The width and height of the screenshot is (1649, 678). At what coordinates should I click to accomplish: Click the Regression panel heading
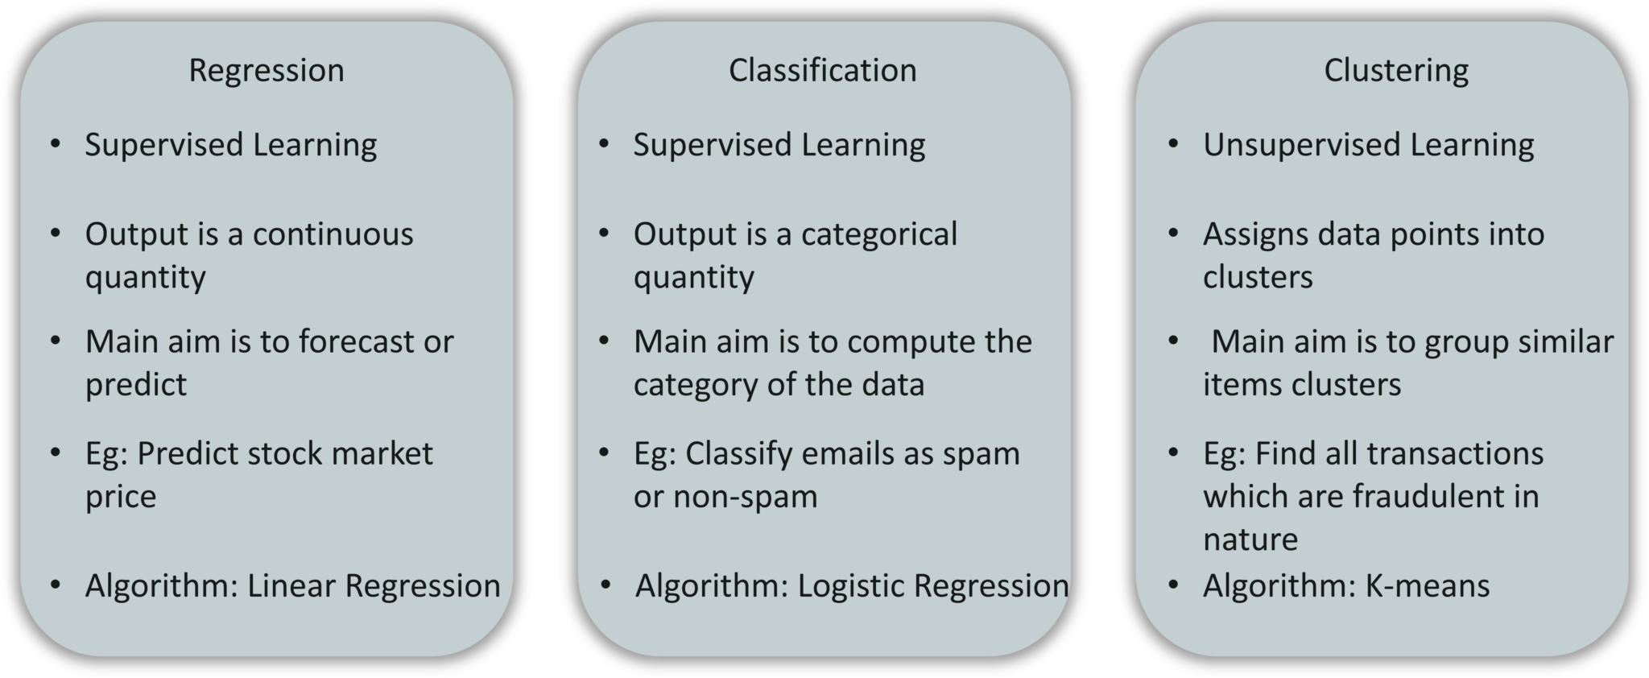(x=267, y=71)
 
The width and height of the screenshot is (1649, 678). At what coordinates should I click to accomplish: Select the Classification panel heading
(x=822, y=71)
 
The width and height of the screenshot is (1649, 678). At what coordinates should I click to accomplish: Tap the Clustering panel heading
(x=1396, y=71)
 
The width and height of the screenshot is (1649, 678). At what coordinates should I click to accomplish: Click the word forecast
(x=357, y=341)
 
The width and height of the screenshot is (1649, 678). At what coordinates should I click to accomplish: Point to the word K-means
(x=1428, y=585)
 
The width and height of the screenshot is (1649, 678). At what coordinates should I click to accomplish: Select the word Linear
(x=291, y=585)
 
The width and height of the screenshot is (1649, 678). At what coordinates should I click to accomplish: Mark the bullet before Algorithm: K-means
(x=1173, y=584)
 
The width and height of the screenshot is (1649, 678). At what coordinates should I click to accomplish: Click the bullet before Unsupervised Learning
(x=1173, y=144)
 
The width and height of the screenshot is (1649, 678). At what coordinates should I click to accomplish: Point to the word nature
(x=1250, y=540)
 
